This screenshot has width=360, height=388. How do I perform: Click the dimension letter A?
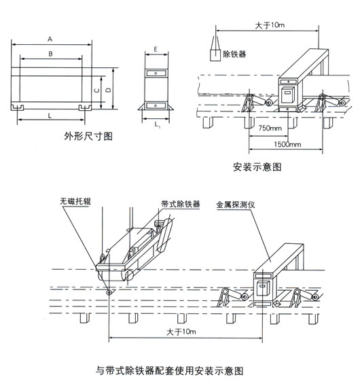(x=52, y=39)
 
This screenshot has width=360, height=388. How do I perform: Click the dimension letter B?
(x=52, y=53)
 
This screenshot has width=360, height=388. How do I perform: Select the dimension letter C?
(x=96, y=89)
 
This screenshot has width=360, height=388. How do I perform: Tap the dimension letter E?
(x=156, y=50)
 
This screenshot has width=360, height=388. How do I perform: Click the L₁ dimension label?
(x=157, y=126)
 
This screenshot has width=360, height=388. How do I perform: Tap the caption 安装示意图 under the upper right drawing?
(x=257, y=166)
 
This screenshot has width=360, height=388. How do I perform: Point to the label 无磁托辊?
(x=74, y=202)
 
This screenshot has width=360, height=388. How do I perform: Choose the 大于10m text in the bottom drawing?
(x=181, y=331)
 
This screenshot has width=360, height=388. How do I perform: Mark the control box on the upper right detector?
(x=288, y=92)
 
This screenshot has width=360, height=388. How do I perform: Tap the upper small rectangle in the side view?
(x=156, y=73)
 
